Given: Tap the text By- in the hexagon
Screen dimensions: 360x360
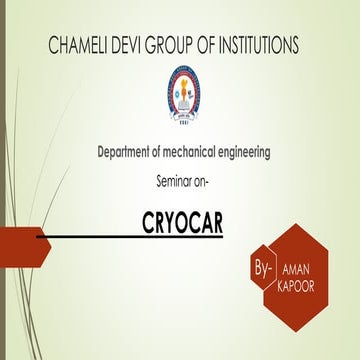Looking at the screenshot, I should click(x=264, y=270).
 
